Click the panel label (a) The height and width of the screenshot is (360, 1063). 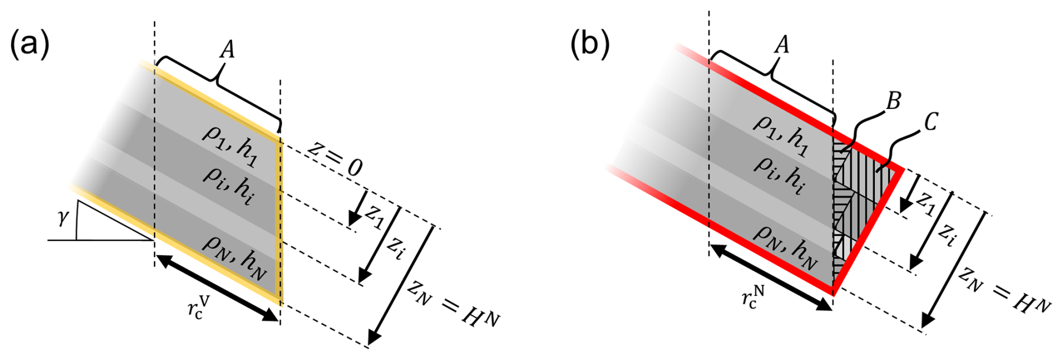[30, 45]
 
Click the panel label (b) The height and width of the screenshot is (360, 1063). [590, 45]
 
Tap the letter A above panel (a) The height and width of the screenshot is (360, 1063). [226, 51]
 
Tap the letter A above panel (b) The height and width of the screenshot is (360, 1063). [782, 44]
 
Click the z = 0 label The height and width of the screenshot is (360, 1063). [334, 159]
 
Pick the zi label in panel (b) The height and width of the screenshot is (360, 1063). [947, 235]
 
